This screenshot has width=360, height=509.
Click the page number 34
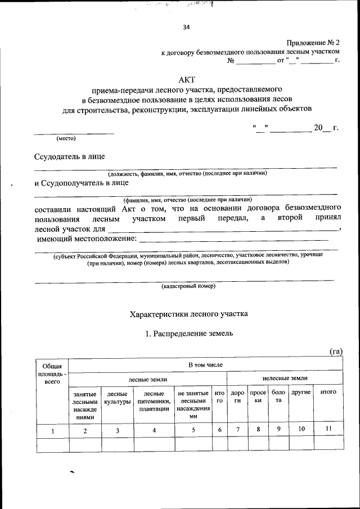tap(186, 28)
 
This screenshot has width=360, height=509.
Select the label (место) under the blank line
tap(66, 138)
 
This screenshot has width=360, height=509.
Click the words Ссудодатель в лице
tap(69, 156)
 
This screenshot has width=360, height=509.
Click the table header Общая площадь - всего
tap(52, 374)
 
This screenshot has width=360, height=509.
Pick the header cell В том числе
tap(205, 365)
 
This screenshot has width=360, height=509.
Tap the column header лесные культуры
tap(117, 398)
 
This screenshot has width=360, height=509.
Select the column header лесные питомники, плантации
tap(154, 402)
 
